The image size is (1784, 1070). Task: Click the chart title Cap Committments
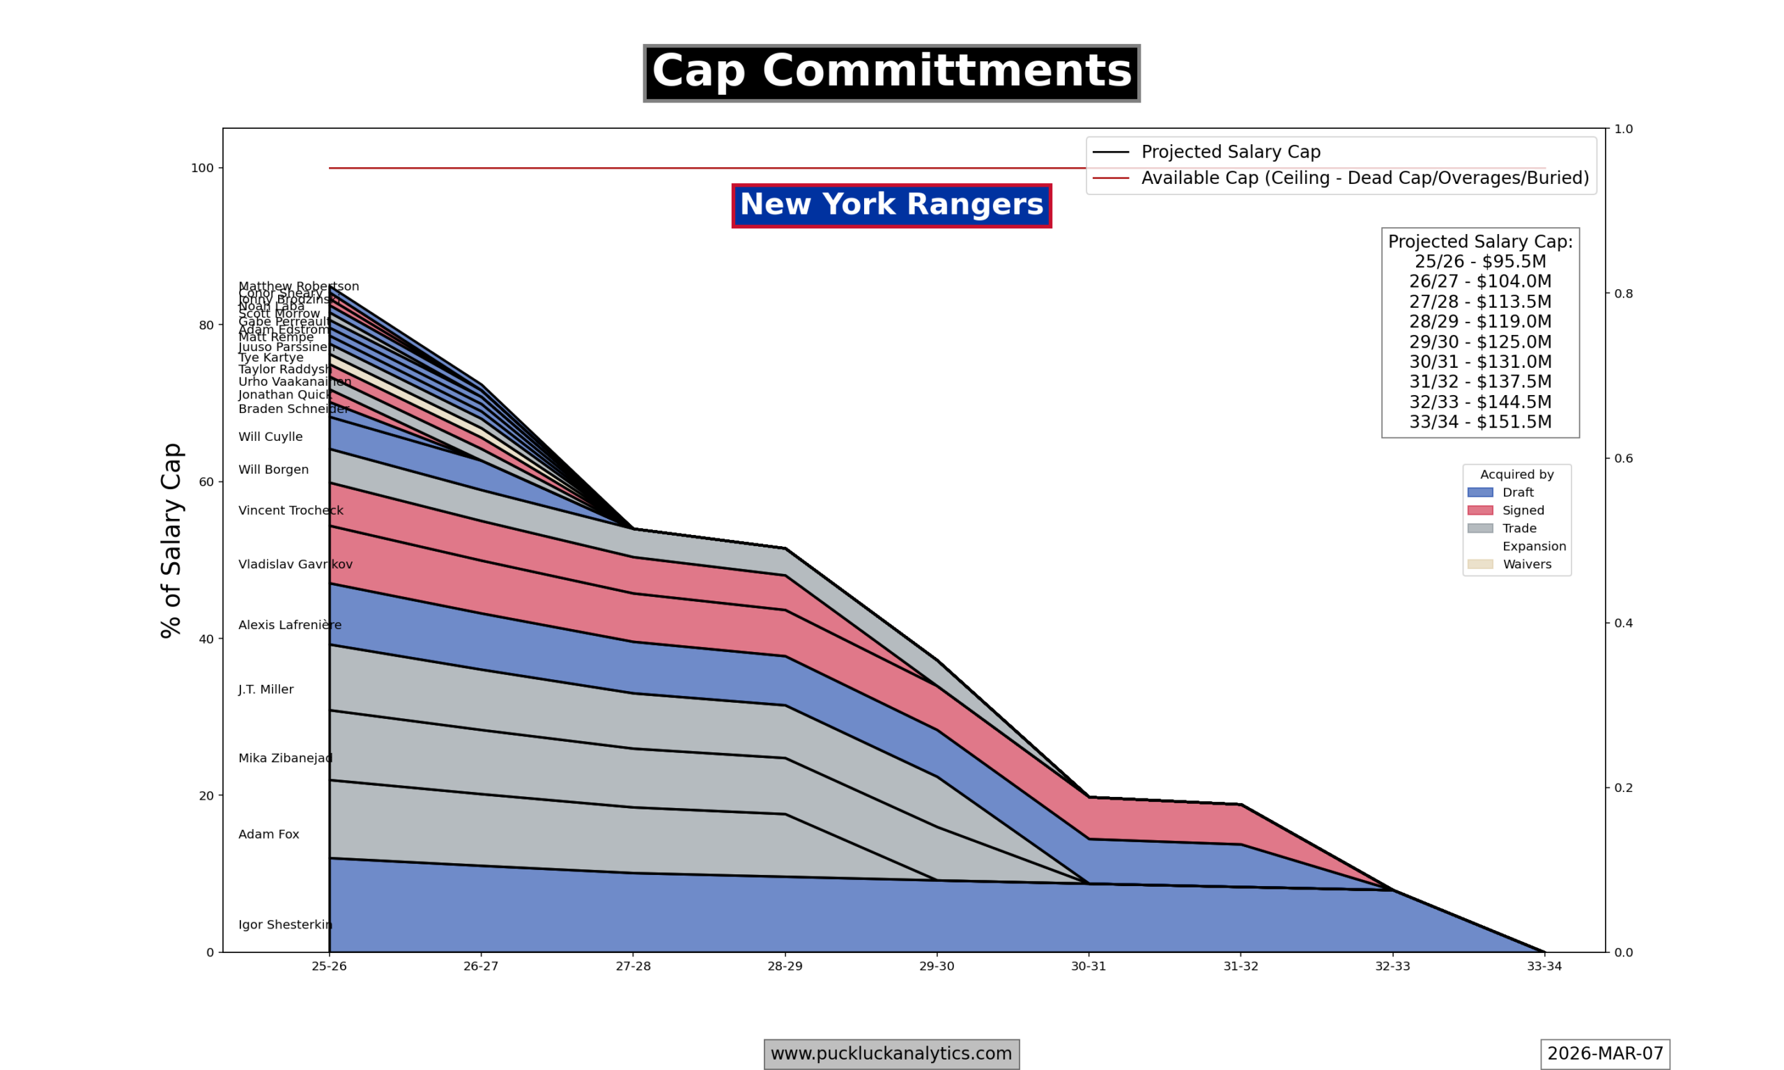tap(891, 73)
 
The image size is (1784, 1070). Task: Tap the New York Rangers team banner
tap(891, 206)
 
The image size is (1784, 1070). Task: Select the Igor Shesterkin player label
tap(285, 924)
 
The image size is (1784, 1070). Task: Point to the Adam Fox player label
tap(268, 835)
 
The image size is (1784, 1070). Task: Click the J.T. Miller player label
tap(266, 689)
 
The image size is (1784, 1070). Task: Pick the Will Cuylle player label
tap(270, 437)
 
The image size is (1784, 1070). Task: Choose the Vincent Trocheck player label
tap(291, 511)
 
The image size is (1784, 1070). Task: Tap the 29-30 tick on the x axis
tap(937, 966)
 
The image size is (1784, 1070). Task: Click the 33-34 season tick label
tap(1544, 966)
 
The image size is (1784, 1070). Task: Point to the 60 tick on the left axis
tap(206, 481)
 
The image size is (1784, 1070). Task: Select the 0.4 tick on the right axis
tap(1623, 623)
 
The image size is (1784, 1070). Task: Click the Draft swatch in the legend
tap(1479, 493)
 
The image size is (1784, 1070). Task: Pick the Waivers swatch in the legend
tap(1479, 564)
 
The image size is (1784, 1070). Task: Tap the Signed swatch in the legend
tap(1479, 511)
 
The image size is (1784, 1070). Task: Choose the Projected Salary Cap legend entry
tap(1230, 152)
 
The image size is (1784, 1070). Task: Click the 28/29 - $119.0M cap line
tap(1479, 322)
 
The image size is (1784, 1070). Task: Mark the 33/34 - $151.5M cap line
tap(1479, 421)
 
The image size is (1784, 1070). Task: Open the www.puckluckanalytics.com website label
tap(891, 1053)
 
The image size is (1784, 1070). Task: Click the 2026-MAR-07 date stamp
tap(1604, 1053)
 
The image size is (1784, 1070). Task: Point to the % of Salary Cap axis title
tap(171, 540)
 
